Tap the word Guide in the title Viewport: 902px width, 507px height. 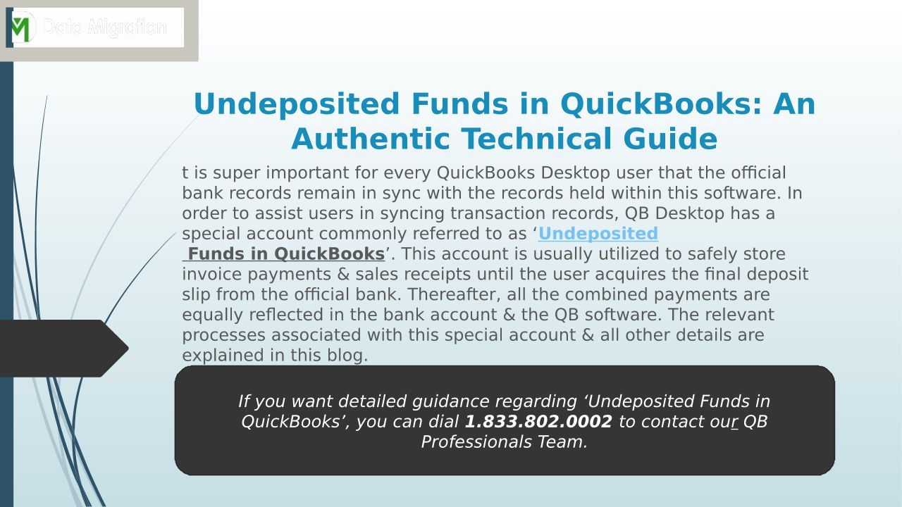(670, 139)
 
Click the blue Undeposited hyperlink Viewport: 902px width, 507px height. (598, 233)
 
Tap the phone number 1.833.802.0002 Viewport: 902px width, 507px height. (538, 422)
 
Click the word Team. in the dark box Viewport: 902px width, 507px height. (562, 442)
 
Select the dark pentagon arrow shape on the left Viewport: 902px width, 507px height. (63, 349)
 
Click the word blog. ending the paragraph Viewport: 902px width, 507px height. (347, 356)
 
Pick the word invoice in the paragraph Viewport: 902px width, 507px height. (212, 274)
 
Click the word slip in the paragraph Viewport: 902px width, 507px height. (196, 294)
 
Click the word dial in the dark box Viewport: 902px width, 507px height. (443, 422)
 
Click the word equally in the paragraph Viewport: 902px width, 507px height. (212, 315)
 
